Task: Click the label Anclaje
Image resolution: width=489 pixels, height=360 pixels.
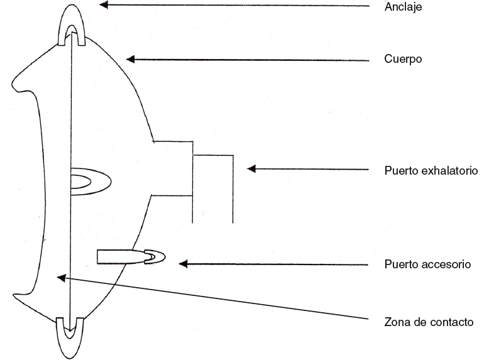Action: coord(402,8)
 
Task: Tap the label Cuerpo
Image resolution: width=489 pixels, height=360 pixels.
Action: coord(403,59)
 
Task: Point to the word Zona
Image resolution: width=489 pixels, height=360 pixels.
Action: coord(396,322)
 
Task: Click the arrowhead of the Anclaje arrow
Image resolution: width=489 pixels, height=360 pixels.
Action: coord(104,5)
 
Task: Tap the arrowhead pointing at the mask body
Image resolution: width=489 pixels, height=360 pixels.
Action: coord(131,59)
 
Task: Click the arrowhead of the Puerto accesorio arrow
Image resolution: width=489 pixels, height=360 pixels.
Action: coord(184,264)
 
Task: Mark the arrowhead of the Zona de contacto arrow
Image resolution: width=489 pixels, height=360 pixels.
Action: coord(60,276)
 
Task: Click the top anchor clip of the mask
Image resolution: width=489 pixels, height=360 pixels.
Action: coord(72,25)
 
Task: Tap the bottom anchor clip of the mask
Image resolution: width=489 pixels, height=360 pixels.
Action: coord(70,336)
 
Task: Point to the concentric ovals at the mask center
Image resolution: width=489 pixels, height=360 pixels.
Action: coord(88,182)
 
